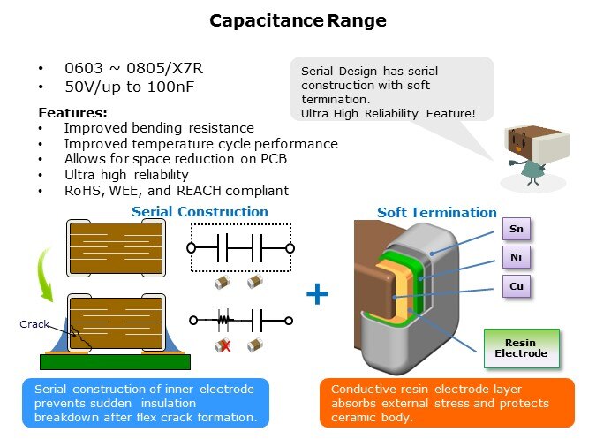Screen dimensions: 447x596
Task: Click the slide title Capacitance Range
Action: coord(298,20)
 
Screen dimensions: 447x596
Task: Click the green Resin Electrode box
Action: coord(521,348)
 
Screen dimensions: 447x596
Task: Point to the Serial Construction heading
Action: coord(200,212)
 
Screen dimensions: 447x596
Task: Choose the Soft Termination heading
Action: coord(436,213)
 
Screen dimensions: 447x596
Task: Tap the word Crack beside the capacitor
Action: coord(34,325)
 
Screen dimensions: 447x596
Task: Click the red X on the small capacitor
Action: coord(225,345)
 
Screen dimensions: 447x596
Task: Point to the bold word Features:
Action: coord(72,113)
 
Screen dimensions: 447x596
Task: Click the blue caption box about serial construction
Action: coord(145,403)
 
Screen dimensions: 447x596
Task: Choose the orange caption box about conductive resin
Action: coord(446,403)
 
